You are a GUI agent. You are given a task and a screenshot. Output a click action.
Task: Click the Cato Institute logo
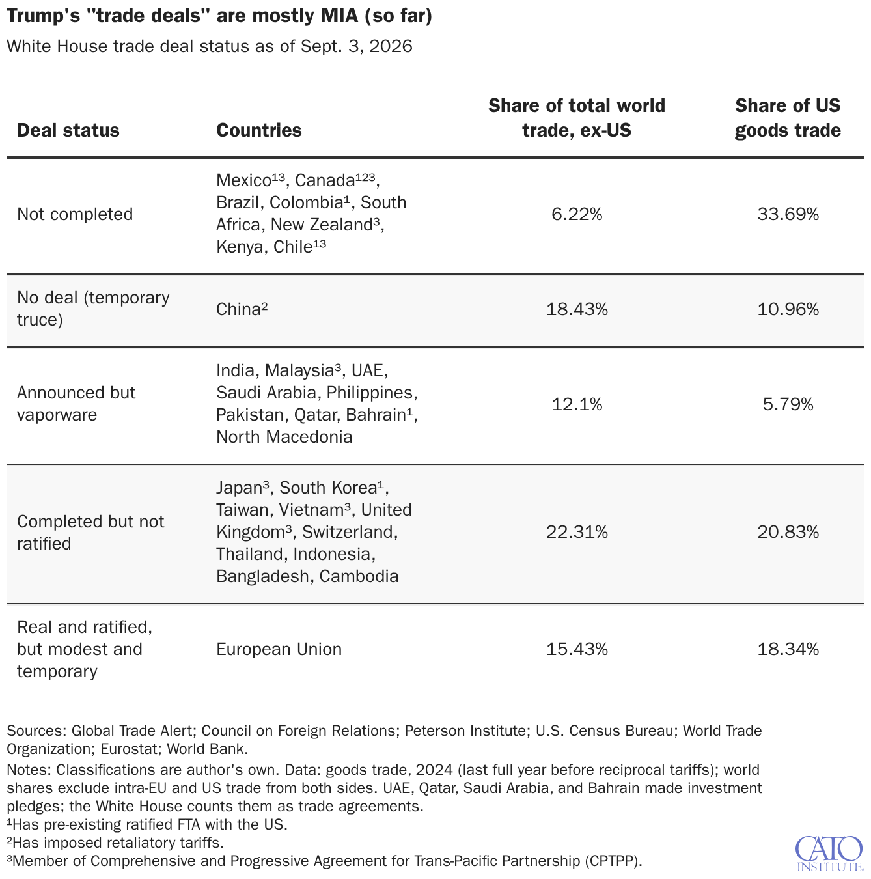[829, 854]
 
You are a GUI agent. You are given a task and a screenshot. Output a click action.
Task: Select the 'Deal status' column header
[68, 130]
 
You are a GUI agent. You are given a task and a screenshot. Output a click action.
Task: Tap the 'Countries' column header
[258, 130]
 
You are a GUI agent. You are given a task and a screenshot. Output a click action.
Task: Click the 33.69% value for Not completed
[788, 214]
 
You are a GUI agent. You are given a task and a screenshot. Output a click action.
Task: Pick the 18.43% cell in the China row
[577, 309]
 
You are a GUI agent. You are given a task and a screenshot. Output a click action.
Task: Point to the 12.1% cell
[577, 404]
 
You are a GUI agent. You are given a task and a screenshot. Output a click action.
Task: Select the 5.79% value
[788, 404]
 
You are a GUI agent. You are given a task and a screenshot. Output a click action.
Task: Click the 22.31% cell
[577, 532]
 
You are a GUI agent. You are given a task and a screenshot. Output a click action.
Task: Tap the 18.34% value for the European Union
[788, 649]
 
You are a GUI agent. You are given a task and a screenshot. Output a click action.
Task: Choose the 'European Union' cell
[279, 649]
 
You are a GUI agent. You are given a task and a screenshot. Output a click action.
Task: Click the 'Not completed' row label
[75, 214]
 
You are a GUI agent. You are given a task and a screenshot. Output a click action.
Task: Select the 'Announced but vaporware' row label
[76, 404]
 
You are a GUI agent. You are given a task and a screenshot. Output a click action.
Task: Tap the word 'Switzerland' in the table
[349, 533]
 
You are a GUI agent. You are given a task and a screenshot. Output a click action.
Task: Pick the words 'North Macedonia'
[284, 437]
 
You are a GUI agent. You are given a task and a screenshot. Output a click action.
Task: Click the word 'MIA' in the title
[339, 16]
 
